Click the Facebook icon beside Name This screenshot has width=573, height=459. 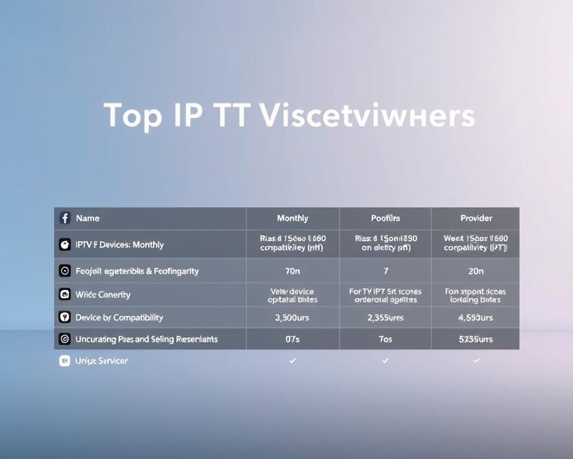pos(65,218)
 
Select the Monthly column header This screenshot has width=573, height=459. pos(292,218)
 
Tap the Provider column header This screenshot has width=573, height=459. pos(476,218)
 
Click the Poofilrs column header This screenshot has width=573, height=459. pos(385,218)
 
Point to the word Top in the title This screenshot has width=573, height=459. pos(133,115)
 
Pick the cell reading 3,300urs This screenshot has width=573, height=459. pos(292,317)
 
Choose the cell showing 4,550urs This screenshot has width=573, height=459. pos(476,317)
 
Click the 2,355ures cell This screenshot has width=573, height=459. pos(385,317)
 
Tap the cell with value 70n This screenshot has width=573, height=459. pos(292,271)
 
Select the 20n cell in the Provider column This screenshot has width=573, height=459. pos(476,271)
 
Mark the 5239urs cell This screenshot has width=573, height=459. pos(476,339)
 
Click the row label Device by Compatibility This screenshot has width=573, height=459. pos(119,317)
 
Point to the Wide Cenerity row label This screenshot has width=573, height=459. pos(103,294)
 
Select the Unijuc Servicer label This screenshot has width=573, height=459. pos(101,360)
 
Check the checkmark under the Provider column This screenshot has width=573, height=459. pos(476,360)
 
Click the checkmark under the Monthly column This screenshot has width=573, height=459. pos(292,360)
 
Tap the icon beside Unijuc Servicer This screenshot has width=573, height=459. pos(64,360)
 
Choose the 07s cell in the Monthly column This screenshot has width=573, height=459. pos(292,339)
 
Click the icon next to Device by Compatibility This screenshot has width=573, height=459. pos(64,317)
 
